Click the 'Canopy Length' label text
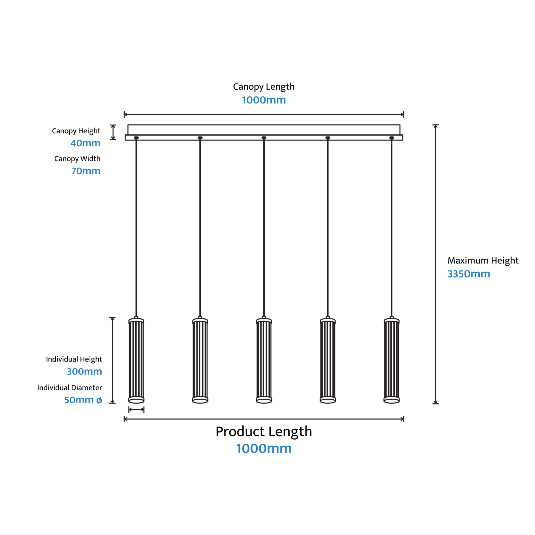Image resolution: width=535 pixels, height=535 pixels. point(264,87)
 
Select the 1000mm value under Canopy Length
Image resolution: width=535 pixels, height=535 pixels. point(264,100)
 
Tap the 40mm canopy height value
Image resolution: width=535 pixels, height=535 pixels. point(85,143)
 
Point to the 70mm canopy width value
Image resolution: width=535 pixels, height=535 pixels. point(86,171)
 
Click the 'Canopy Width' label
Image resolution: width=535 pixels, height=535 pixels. point(77,159)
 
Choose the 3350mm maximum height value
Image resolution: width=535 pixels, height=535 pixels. point(469,274)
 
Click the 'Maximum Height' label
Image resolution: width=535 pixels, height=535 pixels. point(483,260)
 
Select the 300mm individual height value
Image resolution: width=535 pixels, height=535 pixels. point(84,371)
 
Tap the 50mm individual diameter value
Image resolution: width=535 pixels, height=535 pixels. point(83,400)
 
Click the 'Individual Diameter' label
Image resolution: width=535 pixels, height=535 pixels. point(69,387)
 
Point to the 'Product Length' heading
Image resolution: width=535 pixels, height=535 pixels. point(264,432)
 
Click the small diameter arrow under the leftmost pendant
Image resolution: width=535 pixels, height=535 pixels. point(136,410)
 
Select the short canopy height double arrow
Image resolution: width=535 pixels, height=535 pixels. point(113,132)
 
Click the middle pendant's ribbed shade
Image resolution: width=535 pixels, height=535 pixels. point(264,360)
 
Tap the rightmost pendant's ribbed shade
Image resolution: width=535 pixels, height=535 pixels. point(392,360)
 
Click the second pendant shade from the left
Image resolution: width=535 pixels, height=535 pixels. point(200,360)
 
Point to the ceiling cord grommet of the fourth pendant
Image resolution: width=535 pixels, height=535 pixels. point(328,138)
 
